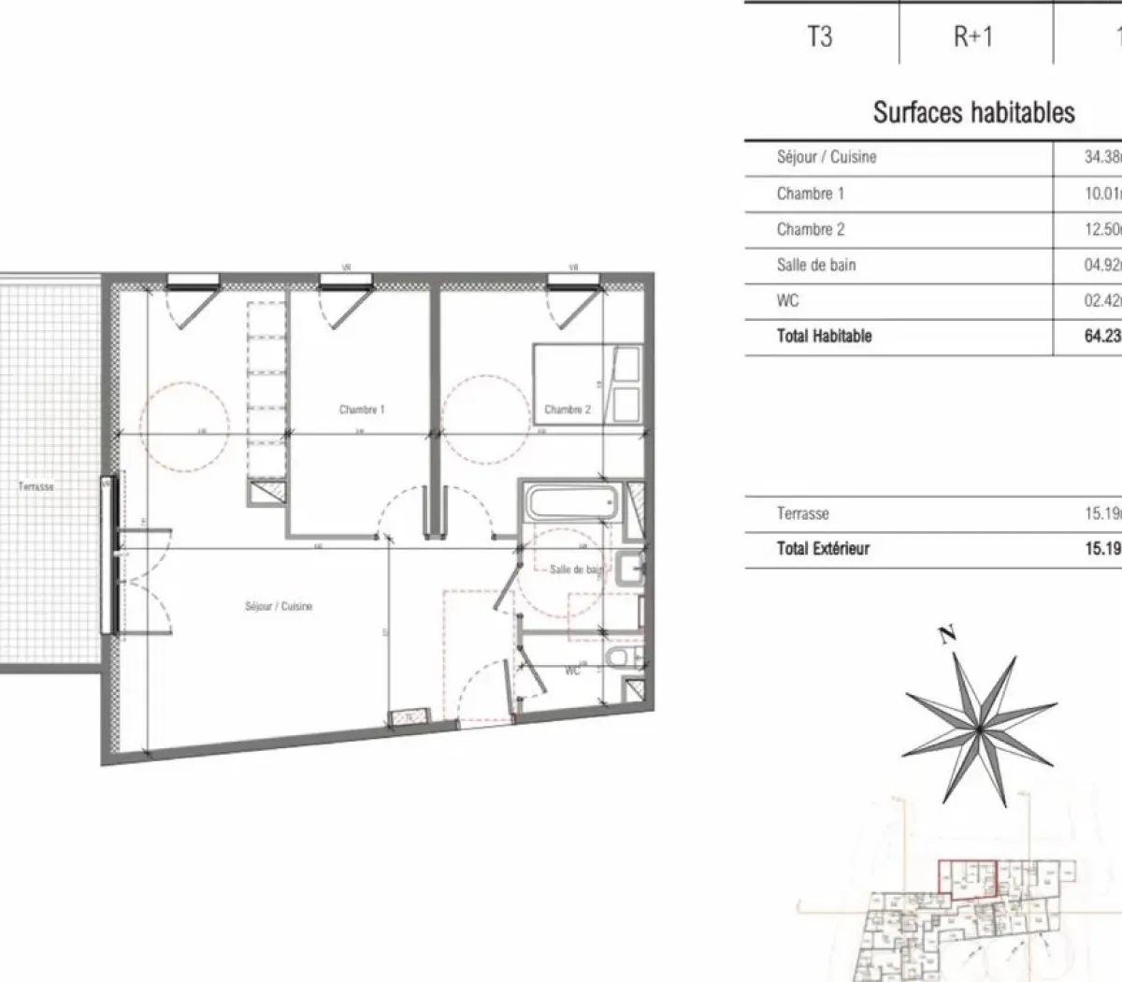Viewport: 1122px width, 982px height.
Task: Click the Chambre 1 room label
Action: pyautogui.click(x=362, y=410)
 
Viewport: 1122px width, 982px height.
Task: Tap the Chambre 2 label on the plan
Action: pyautogui.click(x=568, y=410)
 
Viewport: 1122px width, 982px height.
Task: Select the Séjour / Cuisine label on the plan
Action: pyautogui.click(x=279, y=607)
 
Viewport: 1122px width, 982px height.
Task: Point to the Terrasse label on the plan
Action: pyautogui.click(x=36, y=487)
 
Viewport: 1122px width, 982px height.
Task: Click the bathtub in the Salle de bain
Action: pyautogui.click(x=569, y=506)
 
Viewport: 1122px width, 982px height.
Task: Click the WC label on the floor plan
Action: pyautogui.click(x=572, y=671)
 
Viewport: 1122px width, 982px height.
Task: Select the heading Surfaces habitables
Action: pyautogui.click(x=973, y=113)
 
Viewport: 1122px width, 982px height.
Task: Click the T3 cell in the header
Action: pyautogui.click(x=819, y=36)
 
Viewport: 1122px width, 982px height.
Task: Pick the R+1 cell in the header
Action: pyautogui.click(x=972, y=36)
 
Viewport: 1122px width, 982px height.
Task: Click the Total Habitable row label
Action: pyautogui.click(x=824, y=337)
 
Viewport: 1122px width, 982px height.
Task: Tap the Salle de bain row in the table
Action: pyautogui.click(x=815, y=266)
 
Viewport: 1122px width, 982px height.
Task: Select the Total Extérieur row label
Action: pyautogui.click(x=823, y=549)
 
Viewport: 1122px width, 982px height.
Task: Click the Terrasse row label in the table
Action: pyautogui.click(x=802, y=513)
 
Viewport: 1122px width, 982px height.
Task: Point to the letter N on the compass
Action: pyautogui.click(x=948, y=636)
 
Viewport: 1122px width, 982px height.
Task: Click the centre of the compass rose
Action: pyautogui.click(x=978, y=727)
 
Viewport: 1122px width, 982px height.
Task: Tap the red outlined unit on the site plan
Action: pyautogui.click(x=968, y=876)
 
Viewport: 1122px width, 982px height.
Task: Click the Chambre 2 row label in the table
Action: pyautogui.click(x=810, y=229)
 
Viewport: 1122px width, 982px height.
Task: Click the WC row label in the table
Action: pyautogui.click(x=787, y=301)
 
